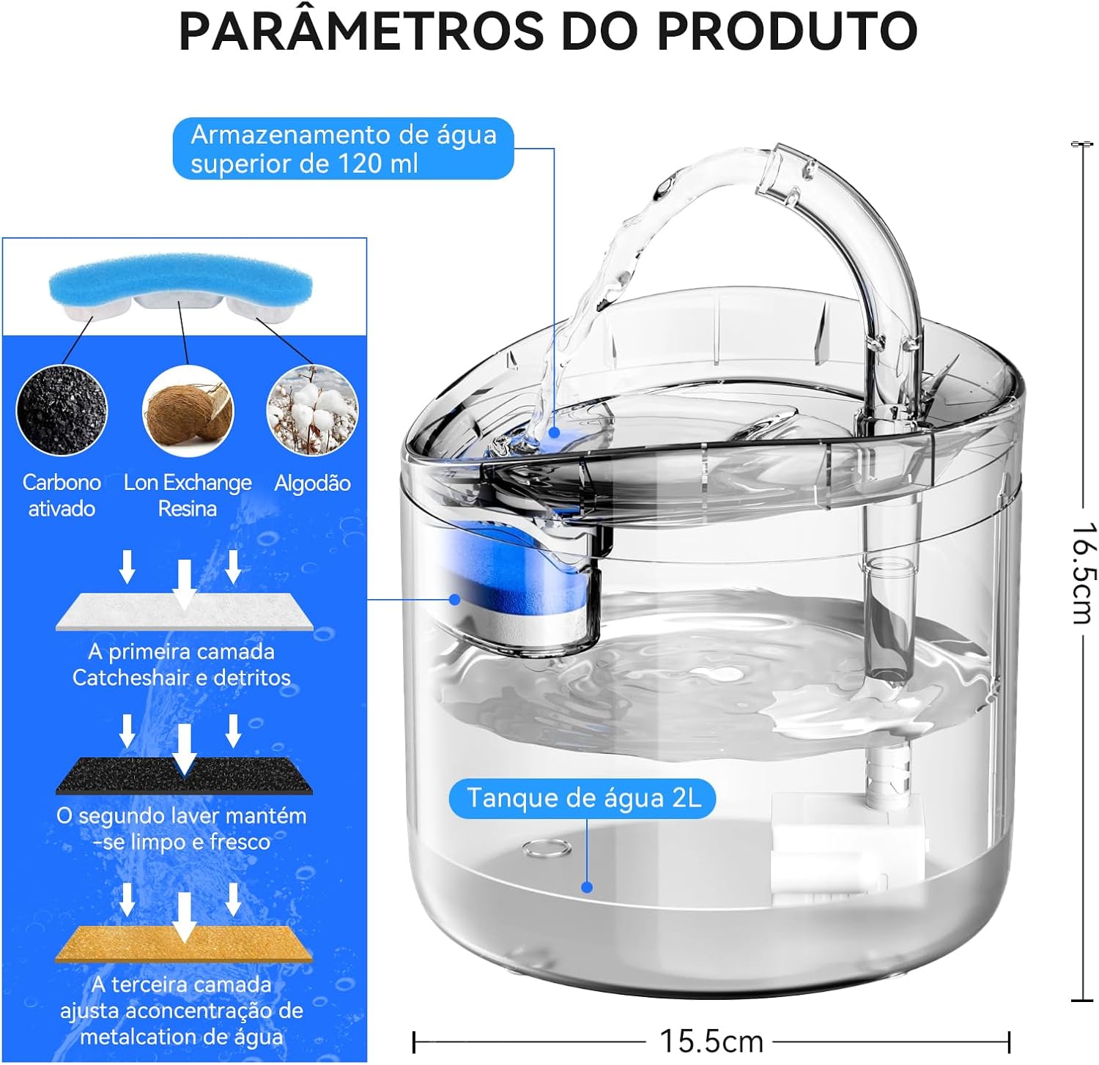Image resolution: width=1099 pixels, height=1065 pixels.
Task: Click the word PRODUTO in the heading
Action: tap(787, 31)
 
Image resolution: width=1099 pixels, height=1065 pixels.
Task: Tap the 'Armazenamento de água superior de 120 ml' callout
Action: tap(343, 149)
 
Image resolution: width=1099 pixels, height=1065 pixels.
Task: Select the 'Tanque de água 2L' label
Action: tap(582, 798)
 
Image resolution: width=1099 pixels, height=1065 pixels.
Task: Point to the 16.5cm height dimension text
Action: tap(1083, 574)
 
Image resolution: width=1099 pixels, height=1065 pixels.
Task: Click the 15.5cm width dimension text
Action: tap(711, 1041)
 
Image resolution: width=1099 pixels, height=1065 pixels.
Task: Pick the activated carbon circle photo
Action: tap(62, 410)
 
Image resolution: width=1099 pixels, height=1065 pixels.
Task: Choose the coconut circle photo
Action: tap(188, 410)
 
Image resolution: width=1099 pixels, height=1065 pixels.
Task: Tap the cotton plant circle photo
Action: tap(313, 410)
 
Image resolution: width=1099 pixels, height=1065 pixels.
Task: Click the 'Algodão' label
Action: tap(312, 483)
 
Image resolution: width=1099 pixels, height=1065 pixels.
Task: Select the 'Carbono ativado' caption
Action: tap(62, 495)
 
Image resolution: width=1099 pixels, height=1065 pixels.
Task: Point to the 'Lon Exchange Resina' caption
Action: tap(188, 495)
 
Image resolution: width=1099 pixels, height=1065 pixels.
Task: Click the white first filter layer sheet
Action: tap(184, 612)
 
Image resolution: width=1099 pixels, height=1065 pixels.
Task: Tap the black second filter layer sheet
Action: tap(184, 776)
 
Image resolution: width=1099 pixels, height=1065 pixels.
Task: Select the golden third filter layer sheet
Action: tap(184, 943)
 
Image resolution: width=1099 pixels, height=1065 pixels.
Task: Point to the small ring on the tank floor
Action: tap(547, 848)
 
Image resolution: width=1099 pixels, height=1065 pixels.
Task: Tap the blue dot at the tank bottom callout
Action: tap(587, 887)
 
